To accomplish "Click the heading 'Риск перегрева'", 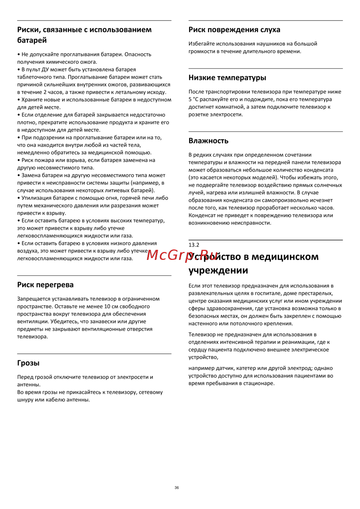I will [45, 285].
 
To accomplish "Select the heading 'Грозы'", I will [28, 363].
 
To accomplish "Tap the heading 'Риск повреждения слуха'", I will [234, 30].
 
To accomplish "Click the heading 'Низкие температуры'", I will [227, 78].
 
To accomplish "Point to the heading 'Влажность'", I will [208, 141].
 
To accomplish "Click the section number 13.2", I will [194, 245].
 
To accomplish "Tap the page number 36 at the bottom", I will [176, 488].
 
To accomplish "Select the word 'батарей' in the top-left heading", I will [32, 40].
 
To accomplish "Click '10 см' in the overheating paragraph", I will [112, 306].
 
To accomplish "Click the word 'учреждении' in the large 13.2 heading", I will [218, 270].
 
